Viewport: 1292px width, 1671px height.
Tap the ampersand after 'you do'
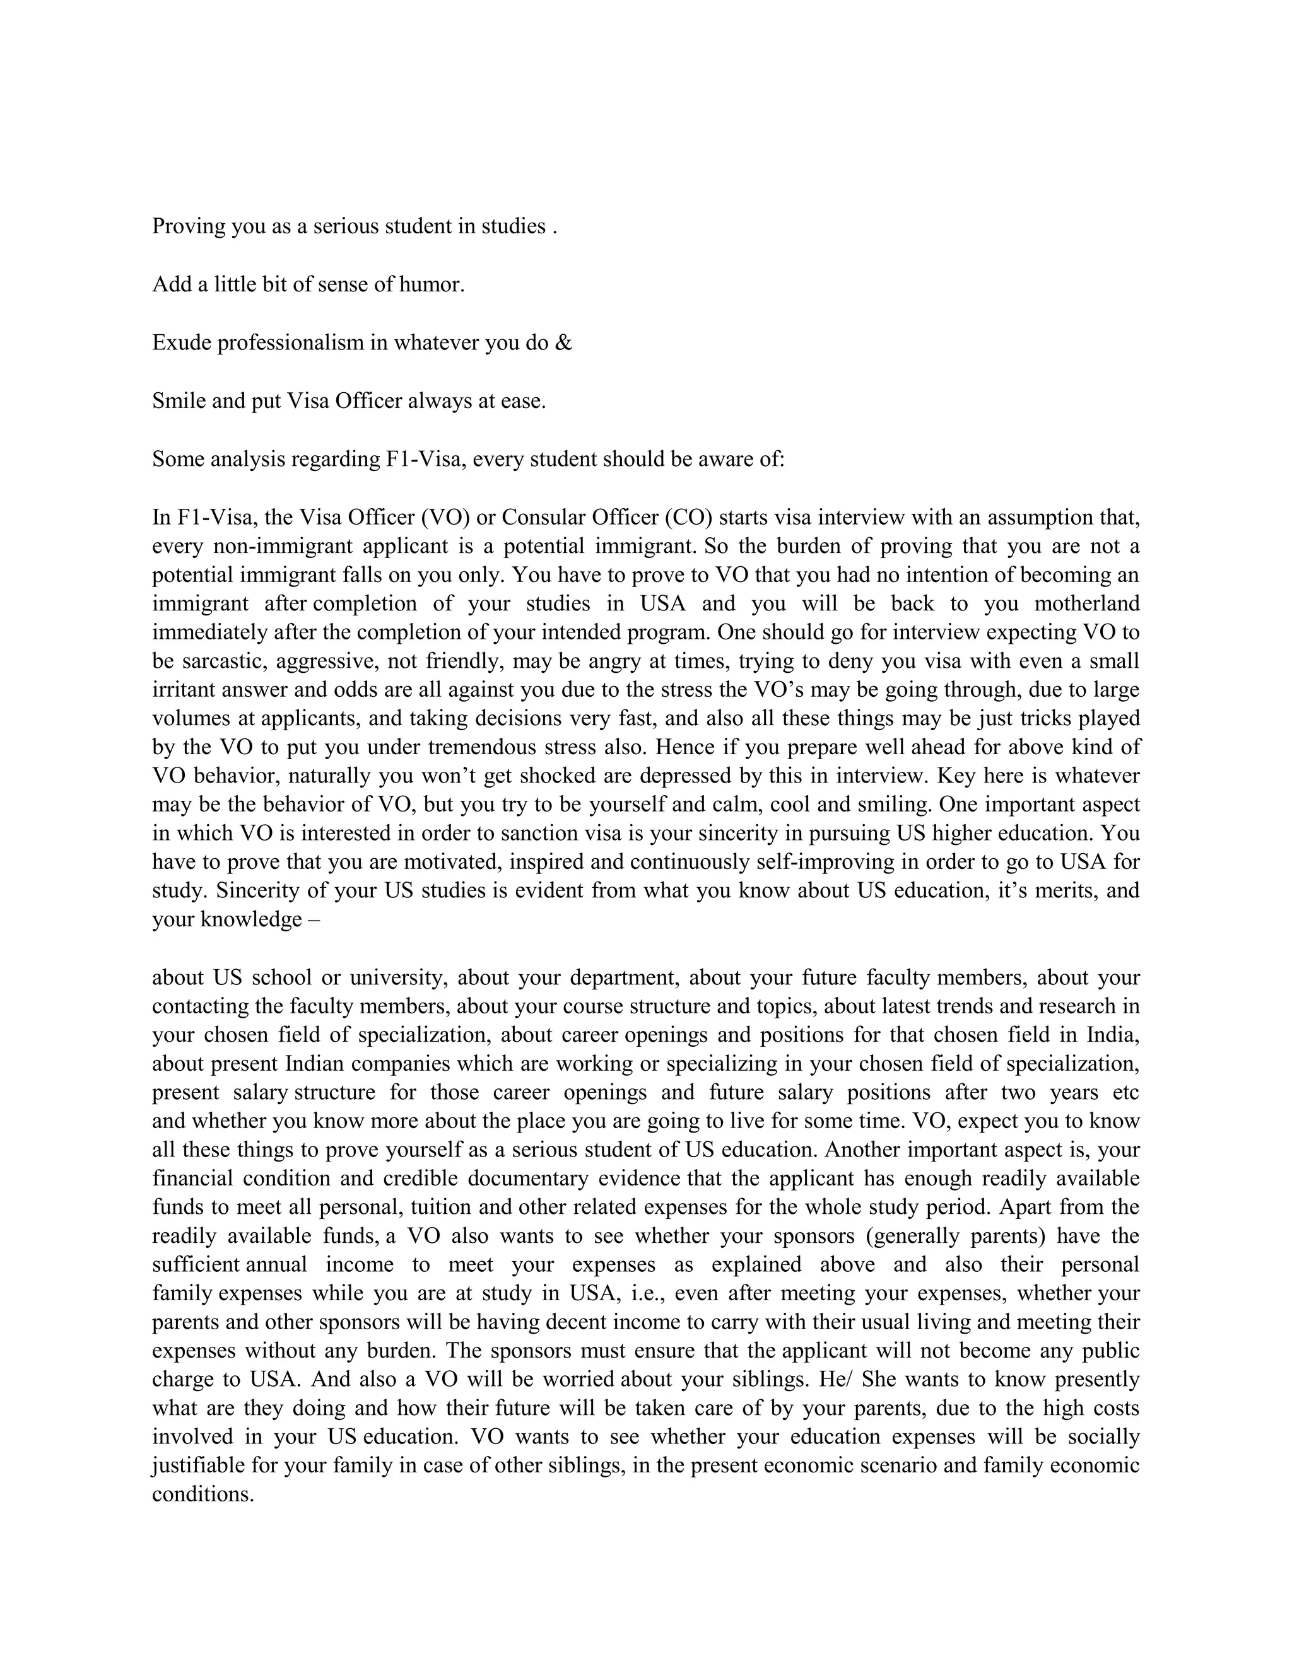[x=564, y=343]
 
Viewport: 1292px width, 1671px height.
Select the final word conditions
[x=202, y=1495]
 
